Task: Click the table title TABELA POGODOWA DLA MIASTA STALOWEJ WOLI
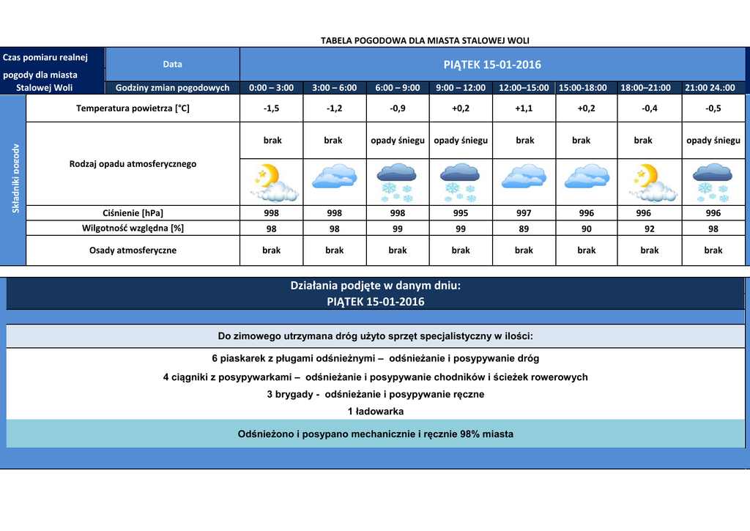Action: pyautogui.click(x=425, y=40)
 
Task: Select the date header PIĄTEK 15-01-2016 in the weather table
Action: pyautogui.click(x=492, y=64)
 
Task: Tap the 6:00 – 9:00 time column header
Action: pyautogui.click(x=398, y=88)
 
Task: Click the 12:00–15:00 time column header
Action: pyautogui.click(x=524, y=88)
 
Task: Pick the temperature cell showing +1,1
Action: pyautogui.click(x=524, y=108)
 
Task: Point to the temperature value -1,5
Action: pyautogui.click(x=271, y=108)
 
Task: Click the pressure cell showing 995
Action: pyautogui.click(x=461, y=213)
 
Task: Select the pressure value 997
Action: pyautogui.click(x=524, y=213)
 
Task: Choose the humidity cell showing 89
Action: pyautogui.click(x=524, y=229)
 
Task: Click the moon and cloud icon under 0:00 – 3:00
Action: pyautogui.click(x=272, y=182)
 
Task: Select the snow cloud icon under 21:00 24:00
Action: pyautogui.click(x=713, y=182)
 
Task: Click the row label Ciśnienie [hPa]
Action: pyautogui.click(x=133, y=213)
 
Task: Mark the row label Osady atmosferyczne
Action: pyautogui.click(x=133, y=250)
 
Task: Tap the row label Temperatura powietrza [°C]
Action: pyautogui.click(x=133, y=108)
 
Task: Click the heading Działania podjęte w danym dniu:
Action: pyautogui.click(x=376, y=286)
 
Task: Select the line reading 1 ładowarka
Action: pyautogui.click(x=376, y=412)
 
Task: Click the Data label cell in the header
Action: pyautogui.click(x=173, y=64)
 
